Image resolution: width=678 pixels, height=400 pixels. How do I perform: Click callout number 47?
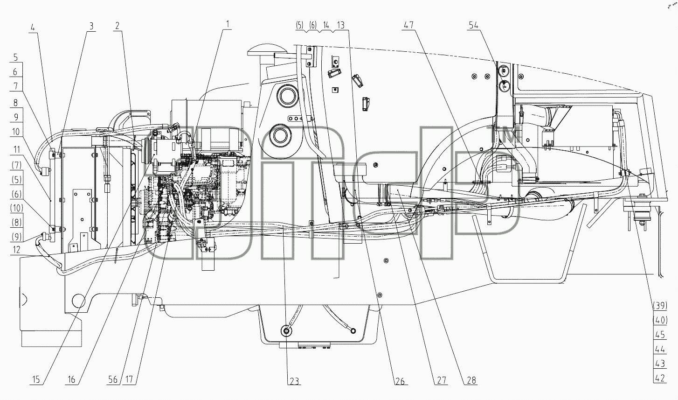(x=408, y=25)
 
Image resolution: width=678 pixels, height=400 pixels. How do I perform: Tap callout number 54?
(x=474, y=25)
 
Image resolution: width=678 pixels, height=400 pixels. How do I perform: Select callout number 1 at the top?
(x=228, y=24)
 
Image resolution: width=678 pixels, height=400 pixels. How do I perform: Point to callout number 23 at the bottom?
(x=294, y=381)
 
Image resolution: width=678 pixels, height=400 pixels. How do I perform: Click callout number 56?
(x=112, y=380)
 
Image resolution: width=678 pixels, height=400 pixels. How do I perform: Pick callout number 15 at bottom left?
(x=36, y=380)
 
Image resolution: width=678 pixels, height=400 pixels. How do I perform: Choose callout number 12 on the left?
(x=16, y=249)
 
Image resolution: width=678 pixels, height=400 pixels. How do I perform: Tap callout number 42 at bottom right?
(x=660, y=378)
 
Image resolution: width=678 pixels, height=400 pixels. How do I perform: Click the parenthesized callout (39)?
(x=660, y=306)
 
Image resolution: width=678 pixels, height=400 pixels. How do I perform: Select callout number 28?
(x=471, y=380)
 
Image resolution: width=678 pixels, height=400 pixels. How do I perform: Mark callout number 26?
(x=400, y=381)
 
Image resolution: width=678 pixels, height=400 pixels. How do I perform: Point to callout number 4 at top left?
(x=33, y=28)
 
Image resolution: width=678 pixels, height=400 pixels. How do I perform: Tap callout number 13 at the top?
(x=340, y=25)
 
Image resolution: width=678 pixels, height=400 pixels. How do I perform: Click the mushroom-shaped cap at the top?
(x=267, y=50)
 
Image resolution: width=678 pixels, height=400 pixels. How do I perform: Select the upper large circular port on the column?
(x=285, y=96)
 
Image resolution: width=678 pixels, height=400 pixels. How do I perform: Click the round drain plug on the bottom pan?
(x=286, y=331)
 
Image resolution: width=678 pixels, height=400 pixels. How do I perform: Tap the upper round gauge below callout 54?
(x=504, y=71)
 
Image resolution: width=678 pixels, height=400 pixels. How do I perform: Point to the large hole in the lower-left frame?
(x=78, y=301)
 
